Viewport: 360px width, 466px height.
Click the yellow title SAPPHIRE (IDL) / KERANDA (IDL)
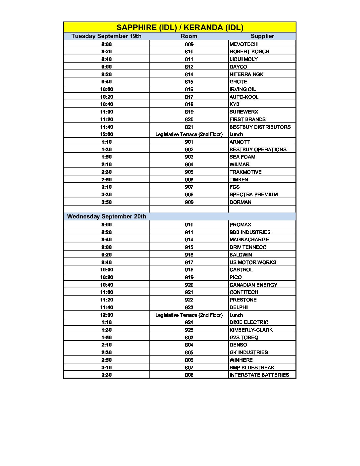pyautogui.click(x=180, y=27)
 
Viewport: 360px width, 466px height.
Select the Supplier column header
pyautogui.click(x=262, y=36)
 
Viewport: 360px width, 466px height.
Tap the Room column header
pyautogui.click(x=189, y=36)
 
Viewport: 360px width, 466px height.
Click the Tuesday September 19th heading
pyautogui.click(x=106, y=36)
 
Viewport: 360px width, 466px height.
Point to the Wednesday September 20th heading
pyautogui.click(x=107, y=216)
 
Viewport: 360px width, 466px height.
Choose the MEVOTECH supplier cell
pyautogui.click(x=244, y=44)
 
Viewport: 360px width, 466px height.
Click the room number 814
pyautogui.click(x=189, y=74)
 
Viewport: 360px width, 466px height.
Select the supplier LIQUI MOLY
pyautogui.click(x=244, y=59)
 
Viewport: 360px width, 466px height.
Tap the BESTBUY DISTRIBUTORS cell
pyautogui.click(x=260, y=127)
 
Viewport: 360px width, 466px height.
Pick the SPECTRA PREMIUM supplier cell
pyautogui.click(x=253, y=194)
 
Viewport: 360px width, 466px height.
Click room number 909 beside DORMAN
pyautogui.click(x=189, y=202)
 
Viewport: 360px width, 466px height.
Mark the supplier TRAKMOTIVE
pyautogui.click(x=246, y=172)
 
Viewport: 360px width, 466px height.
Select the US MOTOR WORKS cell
pyautogui.click(x=253, y=262)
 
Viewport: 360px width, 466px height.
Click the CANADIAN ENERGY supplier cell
pyautogui.click(x=253, y=285)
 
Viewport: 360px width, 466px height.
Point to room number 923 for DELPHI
pyautogui.click(x=189, y=307)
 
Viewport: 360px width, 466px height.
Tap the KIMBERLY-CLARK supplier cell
pyautogui.click(x=251, y=330)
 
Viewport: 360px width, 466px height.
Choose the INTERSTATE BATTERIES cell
pyautogui.click(x=259, y=375)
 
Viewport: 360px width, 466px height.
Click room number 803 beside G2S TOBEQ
pyautogui.click(x=189, y=337)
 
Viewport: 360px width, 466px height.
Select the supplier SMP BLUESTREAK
pyautogui.click(x=252, y=367)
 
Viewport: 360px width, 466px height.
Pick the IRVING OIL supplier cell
pyautogui.click(x=243, y=89)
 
